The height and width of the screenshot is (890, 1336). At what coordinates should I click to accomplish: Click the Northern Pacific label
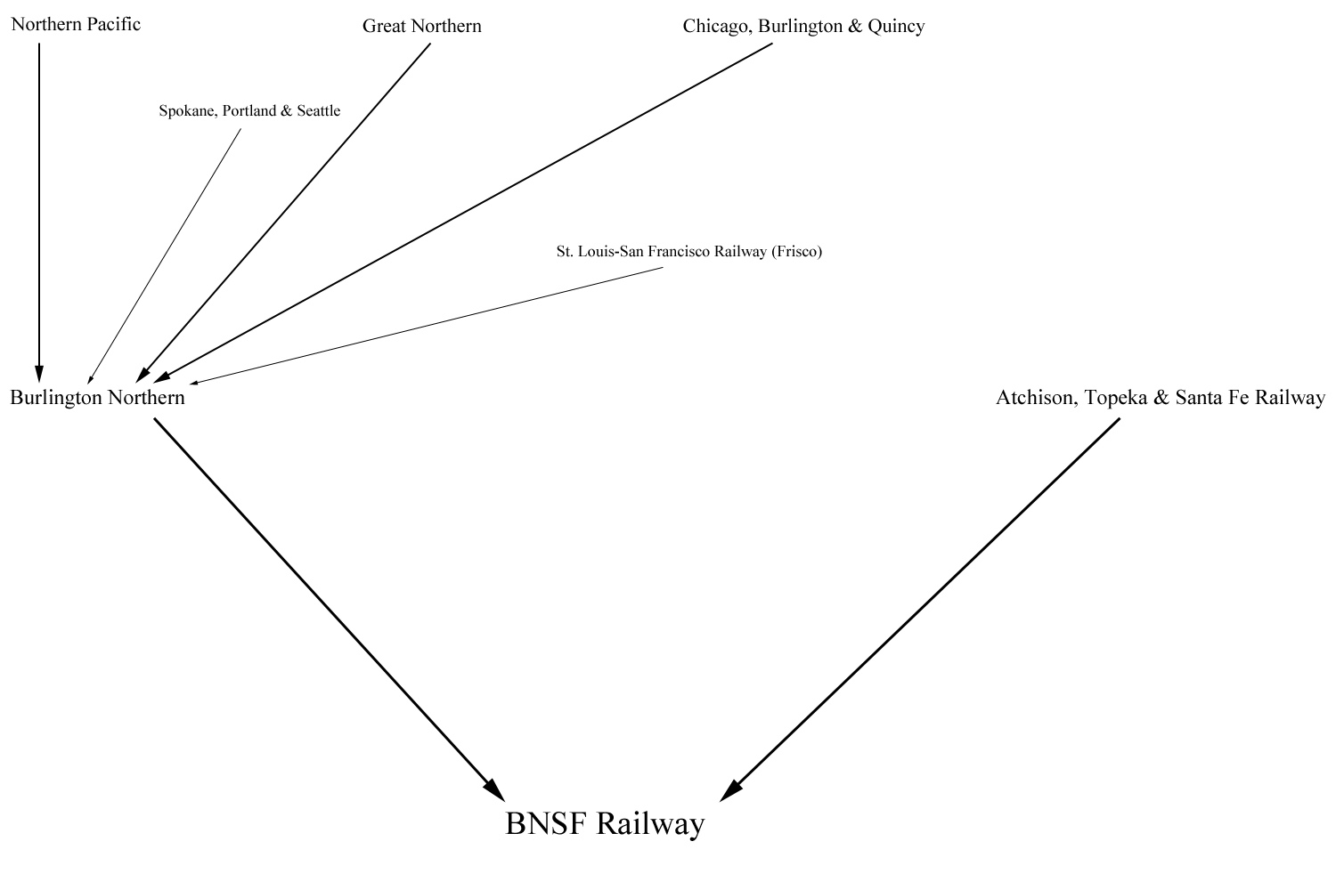pos(76,25)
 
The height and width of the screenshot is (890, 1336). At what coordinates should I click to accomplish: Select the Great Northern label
pos(421,27)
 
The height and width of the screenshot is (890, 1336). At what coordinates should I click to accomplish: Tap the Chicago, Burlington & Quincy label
pos(803,27)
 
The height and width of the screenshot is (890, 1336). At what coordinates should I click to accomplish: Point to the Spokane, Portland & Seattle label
pos(249,111)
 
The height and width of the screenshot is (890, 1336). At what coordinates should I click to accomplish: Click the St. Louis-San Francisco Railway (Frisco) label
pos(689,252)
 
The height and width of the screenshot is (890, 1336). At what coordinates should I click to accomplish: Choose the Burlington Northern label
pos(97,398)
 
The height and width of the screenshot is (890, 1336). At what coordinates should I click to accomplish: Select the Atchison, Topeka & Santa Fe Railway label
pos(1160,398)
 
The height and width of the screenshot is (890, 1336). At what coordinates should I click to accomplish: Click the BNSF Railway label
pos(605,823)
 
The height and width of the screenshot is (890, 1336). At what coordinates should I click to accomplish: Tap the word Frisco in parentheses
pos(796,252)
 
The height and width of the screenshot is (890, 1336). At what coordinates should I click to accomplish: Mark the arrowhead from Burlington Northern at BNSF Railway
pos(493,789)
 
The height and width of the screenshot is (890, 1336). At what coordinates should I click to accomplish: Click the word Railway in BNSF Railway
pos(650,823)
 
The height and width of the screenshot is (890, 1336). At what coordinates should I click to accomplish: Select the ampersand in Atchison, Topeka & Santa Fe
pos(1161,398)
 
